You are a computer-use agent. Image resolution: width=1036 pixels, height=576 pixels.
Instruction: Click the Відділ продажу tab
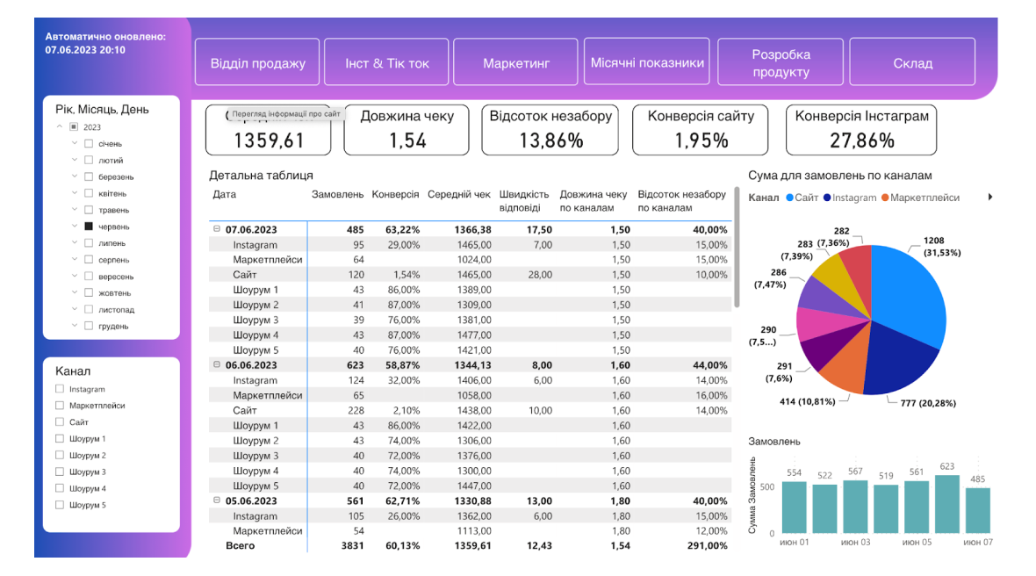[257, 62]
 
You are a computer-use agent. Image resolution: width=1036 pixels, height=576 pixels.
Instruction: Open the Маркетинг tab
[515, 62]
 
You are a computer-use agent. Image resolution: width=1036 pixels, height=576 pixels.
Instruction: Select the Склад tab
[912, 62]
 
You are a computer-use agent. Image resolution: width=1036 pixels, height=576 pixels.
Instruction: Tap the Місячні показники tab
[647, 62]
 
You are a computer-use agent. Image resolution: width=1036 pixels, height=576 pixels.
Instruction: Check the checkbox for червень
[89, 227]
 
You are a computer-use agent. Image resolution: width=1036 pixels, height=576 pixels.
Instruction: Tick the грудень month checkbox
[89, 327]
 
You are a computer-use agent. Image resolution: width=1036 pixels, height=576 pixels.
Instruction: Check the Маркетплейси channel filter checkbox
[60, 406]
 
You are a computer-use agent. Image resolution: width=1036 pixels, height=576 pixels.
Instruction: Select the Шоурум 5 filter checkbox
[60, 506]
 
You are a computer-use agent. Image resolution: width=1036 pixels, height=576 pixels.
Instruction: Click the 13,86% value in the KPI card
[551, 140]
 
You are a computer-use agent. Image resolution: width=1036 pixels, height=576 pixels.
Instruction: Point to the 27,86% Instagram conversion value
[860, 140]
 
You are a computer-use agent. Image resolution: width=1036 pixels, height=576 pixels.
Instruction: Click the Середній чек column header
[459, 194]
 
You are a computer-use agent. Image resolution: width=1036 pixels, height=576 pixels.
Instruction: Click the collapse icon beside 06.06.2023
[216, 365]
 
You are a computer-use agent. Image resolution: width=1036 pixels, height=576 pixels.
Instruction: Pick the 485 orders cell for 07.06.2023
[354, 230]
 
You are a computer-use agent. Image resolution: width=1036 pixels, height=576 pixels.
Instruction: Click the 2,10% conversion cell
[403, 411]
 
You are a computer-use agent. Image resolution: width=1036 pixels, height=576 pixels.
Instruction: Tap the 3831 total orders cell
[351, 545]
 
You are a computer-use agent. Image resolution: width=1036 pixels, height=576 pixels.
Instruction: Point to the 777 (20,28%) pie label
[928, 403]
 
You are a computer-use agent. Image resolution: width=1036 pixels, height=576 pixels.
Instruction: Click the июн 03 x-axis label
[856, 543]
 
